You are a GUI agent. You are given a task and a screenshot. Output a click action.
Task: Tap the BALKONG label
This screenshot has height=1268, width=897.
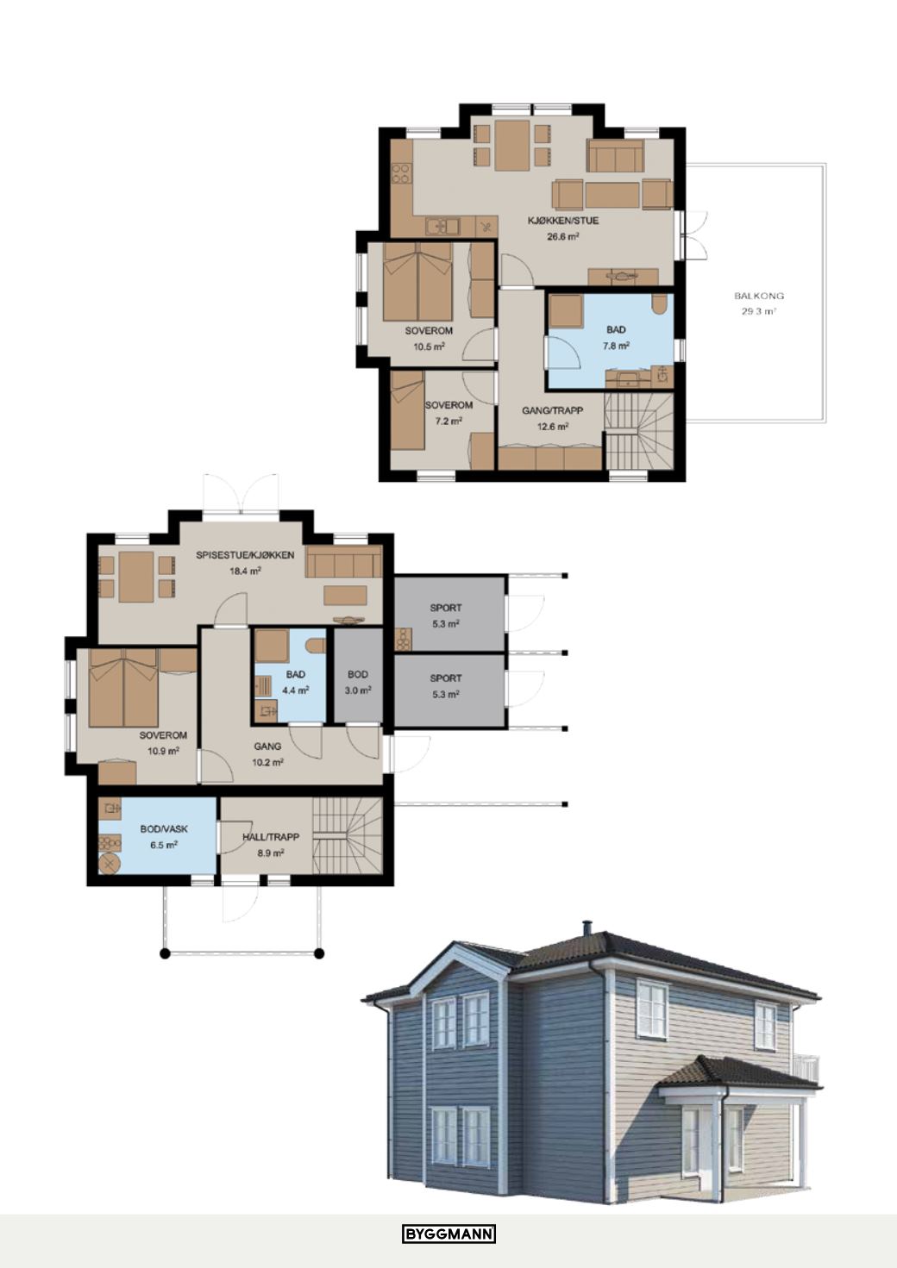(x=759, y=296)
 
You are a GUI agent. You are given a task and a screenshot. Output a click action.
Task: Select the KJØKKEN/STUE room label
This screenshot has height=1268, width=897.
(x=563, y=221)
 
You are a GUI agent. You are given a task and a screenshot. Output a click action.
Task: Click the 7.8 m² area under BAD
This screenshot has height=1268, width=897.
(x=616, y=346)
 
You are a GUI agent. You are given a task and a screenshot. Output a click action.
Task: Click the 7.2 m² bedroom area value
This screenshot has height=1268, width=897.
(x=448, y=421)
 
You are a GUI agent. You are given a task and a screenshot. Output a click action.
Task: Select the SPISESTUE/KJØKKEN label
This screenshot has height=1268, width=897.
(x=245, y=555)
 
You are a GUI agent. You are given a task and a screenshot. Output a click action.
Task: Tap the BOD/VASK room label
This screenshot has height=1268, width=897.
(x=164, y=828)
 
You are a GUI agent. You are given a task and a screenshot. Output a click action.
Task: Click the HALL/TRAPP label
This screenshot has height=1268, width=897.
(x=271, y=837)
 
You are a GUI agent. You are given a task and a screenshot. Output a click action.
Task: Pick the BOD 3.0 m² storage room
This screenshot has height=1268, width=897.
(x=358, y=676)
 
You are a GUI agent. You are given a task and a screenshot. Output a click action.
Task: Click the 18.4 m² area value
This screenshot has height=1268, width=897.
(x=245, y=571)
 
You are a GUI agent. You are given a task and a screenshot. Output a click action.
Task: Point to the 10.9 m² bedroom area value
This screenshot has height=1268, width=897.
(x=163, y=751)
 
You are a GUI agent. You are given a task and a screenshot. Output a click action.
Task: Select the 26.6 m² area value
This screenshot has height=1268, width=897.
(x=563, y=236)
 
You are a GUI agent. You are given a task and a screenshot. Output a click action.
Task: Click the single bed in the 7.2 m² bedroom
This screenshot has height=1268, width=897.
(x=408, y=414)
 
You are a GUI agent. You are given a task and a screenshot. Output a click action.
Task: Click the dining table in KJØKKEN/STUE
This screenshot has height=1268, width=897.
(x=512, y=145)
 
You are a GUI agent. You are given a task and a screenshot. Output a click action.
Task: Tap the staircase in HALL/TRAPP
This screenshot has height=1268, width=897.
(x=347, y=836)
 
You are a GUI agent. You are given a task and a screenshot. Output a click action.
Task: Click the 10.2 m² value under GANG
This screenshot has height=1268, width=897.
(x=267, y=763)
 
